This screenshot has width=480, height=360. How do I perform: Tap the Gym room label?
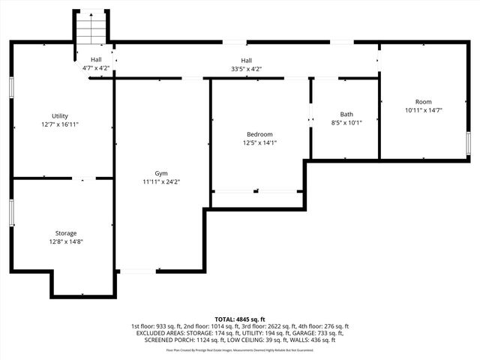pos(160,173)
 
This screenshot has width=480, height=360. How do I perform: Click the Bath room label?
pos(346,115)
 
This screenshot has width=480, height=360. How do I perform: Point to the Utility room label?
pos(60,116)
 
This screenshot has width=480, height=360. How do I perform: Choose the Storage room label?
pos(65,233)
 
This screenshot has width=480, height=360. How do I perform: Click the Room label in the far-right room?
pos(423,102)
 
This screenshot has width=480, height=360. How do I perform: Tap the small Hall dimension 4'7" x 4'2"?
pos(96,68)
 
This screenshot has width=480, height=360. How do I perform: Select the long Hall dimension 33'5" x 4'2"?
pos(246,68)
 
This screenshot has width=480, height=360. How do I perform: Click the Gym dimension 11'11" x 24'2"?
pos(160,181)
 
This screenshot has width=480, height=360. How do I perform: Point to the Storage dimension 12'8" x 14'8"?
pos(65,241)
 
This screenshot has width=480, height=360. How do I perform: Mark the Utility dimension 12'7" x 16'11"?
pos(60,124)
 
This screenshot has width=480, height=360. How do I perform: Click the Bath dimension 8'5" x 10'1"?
pos(346,123)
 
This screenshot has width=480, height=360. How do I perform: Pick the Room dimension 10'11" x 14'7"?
pos(423,110)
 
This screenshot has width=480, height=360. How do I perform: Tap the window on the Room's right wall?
pos(468,143)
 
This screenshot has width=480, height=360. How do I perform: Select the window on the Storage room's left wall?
pos(11,211)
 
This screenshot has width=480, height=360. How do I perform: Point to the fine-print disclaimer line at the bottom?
pos(240,350)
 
